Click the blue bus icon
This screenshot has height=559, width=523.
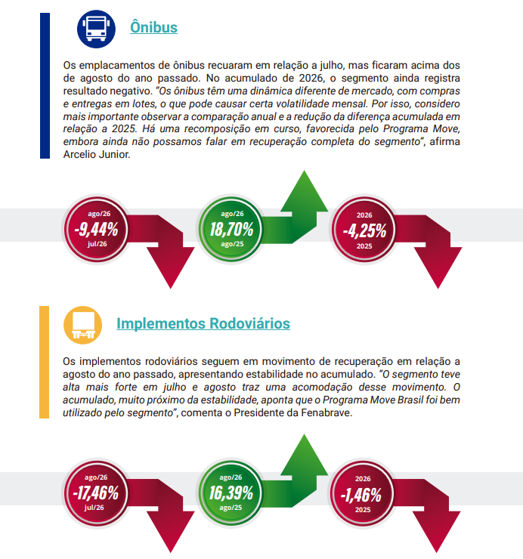[x=96, y=29]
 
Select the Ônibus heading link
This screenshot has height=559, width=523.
[x=153, y=27]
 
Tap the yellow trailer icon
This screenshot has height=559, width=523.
[x=83, y=325]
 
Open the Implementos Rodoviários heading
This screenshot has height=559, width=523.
[x=203, y=323]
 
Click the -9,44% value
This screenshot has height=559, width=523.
[x=96, y=229]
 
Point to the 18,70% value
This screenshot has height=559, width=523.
[x=231, y=229]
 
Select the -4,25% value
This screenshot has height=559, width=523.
[x=364, y=230]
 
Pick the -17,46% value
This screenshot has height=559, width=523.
[x=96, y=493]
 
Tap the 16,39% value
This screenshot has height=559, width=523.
[x=231, y=493]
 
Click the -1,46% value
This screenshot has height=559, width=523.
[x=361, y=495]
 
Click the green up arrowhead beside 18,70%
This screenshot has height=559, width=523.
[x=305, y=193]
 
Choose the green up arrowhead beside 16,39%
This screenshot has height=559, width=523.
[x=305, y=456]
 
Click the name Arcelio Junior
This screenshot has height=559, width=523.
[x=96, y=154]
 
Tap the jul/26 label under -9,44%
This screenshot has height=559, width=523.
[x=97, y=244]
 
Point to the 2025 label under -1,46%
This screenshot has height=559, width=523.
[x=363, y=510]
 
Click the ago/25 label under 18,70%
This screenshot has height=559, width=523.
[x=232, y=244]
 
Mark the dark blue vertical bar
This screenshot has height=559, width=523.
[x=45, y=85]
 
